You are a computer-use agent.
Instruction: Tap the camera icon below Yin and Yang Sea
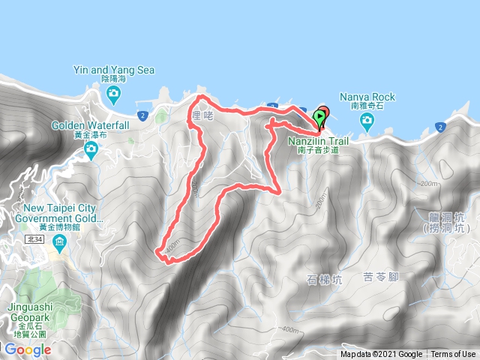click(x=114, y=95)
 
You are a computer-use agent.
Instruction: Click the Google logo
click(x=27, y=349)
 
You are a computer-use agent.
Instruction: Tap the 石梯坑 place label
click(x=324, y=280)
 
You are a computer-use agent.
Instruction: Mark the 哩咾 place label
click(x=203, y=116)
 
